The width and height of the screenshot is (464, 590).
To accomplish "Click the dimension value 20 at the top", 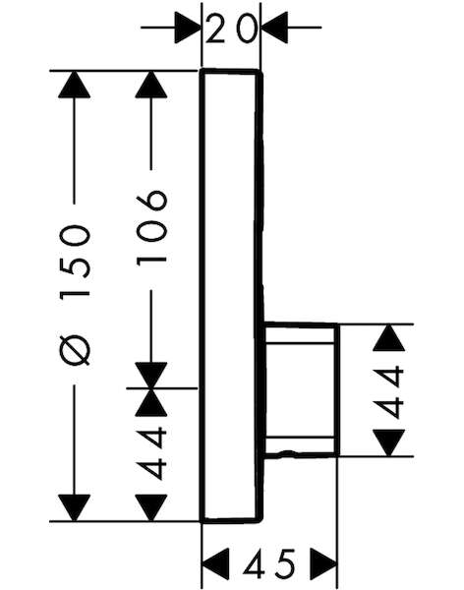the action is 231,29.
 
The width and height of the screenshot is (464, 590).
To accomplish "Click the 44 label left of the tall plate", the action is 151,453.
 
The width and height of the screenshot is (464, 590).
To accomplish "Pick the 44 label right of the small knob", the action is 388,393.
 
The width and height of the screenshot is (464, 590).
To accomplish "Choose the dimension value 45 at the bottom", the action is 269,563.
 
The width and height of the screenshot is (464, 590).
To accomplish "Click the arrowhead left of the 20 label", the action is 188,28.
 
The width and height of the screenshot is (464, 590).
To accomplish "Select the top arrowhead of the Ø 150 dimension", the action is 74,85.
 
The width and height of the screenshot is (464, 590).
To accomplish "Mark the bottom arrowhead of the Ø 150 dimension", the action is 74,508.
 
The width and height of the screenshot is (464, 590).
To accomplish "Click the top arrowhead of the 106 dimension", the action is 151,85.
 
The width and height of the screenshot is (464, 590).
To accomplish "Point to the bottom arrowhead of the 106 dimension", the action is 151,375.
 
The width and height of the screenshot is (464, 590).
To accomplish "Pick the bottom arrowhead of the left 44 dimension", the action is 151,508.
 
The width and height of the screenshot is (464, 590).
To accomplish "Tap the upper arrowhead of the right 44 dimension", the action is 388,337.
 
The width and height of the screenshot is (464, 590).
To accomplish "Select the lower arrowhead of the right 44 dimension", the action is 388,442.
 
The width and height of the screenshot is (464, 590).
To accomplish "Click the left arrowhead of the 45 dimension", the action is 215,563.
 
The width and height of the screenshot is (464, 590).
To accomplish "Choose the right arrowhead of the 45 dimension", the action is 323,563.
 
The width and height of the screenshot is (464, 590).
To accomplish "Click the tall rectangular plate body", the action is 231,296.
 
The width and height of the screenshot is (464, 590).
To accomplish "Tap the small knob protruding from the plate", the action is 301,389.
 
